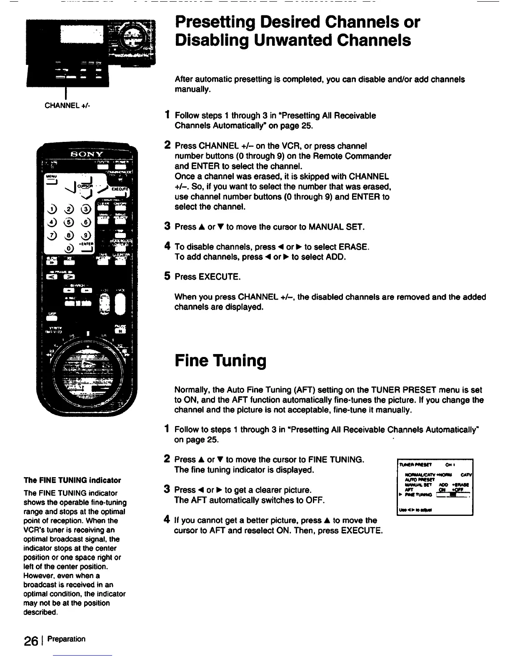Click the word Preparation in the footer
tap(67, 639)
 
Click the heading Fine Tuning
tap(220, 360)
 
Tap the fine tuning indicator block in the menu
tap(450, 495)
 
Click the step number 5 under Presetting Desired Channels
tap(167, 276)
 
